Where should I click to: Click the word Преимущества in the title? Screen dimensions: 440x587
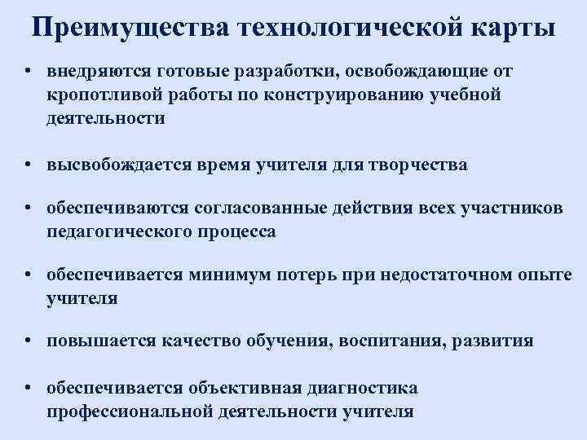[x=130, y=27]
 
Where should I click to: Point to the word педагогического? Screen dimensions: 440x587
[x=118, y=232]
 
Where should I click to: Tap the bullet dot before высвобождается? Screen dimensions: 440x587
[x=29, y=165]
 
